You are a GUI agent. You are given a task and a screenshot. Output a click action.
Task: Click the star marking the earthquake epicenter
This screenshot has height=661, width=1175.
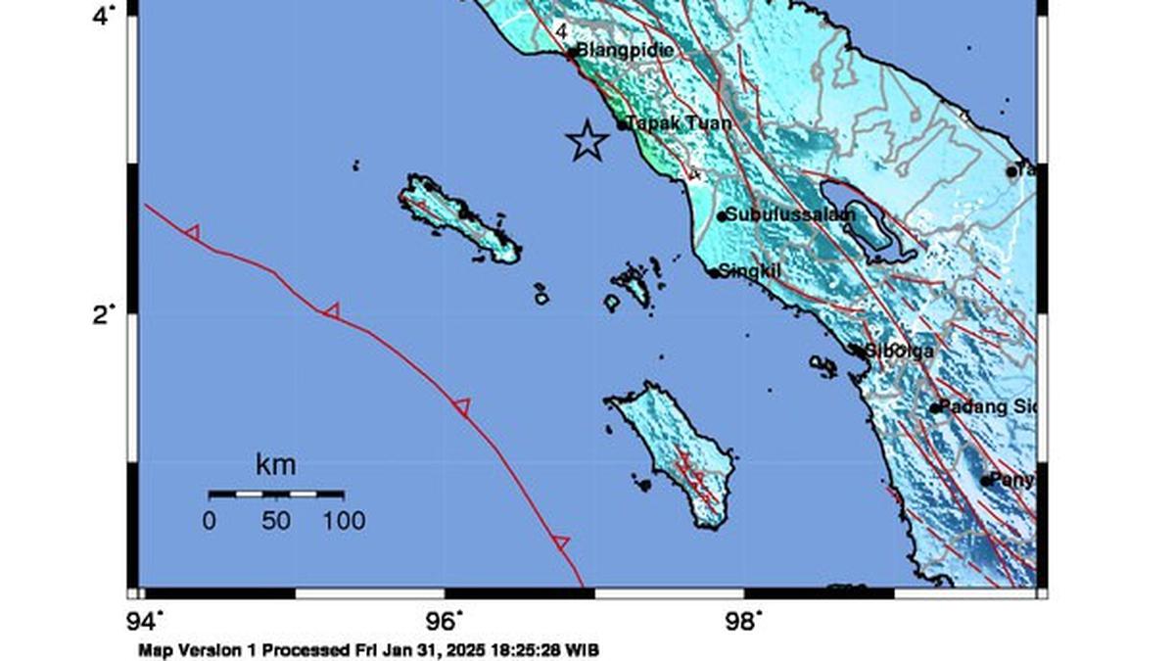coord(587,141)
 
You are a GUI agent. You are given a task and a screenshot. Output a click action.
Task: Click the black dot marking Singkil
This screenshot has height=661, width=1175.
coord(714,273)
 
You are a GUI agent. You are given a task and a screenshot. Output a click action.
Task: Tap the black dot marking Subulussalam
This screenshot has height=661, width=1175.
coord(722,216)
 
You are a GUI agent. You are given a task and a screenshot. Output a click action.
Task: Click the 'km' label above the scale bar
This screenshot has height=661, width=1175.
coord(275,464)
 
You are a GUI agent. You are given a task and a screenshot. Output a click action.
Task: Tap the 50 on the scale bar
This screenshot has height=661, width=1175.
coord(275,521)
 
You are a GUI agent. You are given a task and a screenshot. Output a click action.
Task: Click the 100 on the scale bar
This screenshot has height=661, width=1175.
coord(343,521)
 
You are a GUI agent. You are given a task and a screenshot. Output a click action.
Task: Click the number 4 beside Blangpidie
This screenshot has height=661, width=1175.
coord(561,32)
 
